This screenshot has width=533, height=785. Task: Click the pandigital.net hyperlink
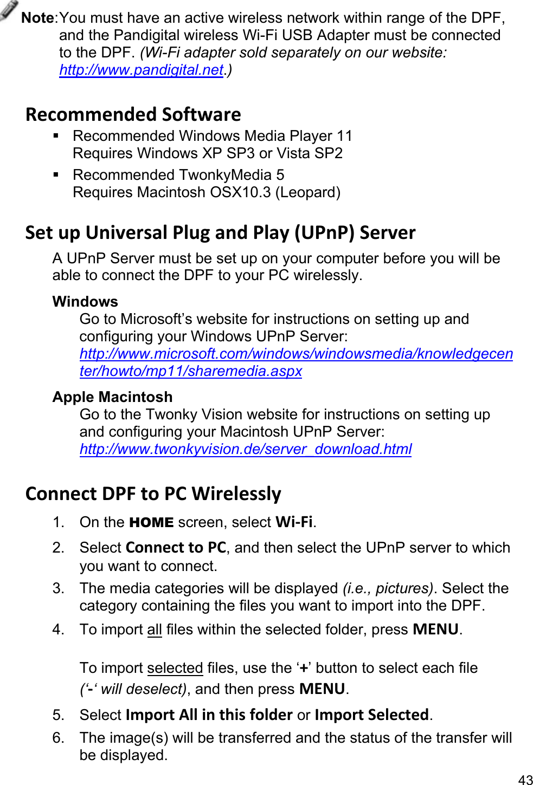(141, 70)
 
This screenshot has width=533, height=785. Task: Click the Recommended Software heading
(133, 114)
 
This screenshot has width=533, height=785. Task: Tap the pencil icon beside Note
(9, 10)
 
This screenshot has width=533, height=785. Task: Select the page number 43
(525, 779)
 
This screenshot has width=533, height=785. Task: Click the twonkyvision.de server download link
(245, 449)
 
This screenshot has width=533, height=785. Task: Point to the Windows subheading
(85, 301)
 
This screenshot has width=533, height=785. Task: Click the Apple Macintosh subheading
(112, 397)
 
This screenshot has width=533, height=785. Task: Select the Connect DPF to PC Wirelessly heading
(153, 494)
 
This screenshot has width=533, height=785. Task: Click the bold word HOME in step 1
(151, 522)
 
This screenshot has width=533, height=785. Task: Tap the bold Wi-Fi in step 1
(294, 522)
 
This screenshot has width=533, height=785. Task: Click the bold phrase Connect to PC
(176, 547)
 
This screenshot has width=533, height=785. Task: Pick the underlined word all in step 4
(155, 630)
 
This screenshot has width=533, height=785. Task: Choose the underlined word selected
(175, 668)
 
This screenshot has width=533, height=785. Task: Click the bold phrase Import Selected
(371, 715)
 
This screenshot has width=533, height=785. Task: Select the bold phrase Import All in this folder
(209, 715)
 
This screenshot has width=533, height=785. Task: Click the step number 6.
(58, 738)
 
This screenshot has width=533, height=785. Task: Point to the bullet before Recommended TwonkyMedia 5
(56, 175)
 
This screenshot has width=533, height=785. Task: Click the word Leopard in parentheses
(307, 192)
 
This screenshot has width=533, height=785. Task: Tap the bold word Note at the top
(37, 18)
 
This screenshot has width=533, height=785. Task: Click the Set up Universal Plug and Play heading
(220, 232)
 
